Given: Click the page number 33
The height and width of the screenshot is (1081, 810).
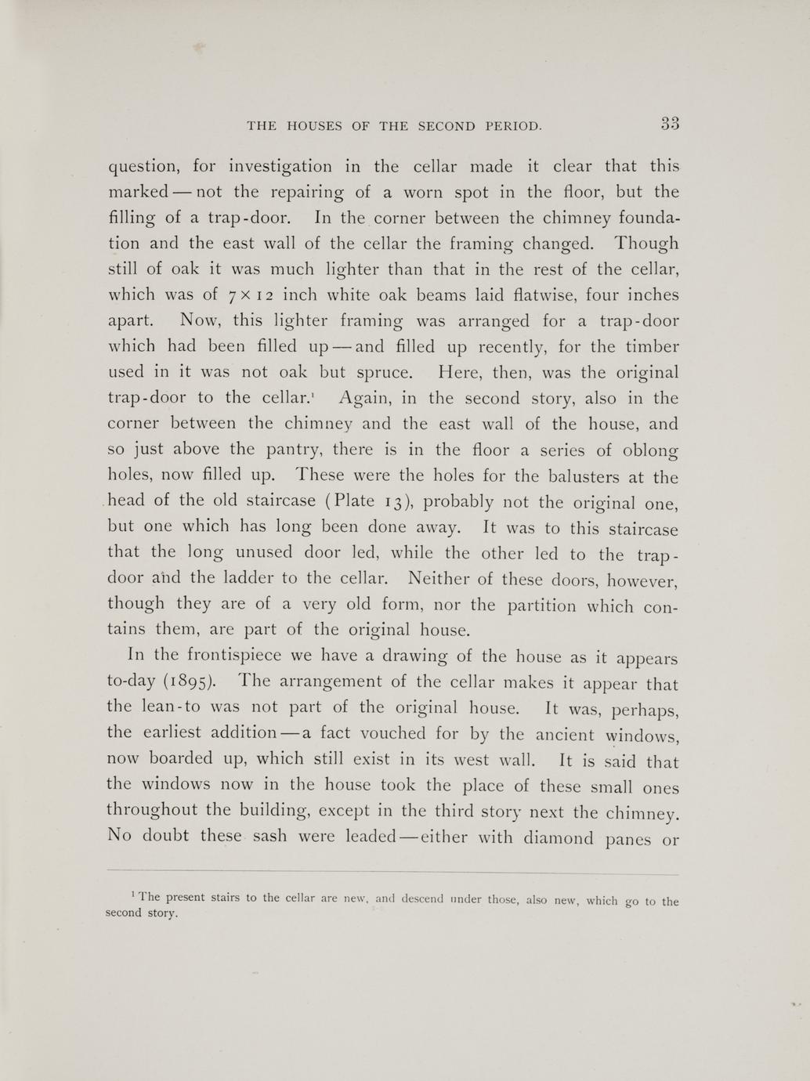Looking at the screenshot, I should (x=669, y=123).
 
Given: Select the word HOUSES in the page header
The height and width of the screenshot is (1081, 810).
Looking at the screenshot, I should (x=316, y=125).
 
